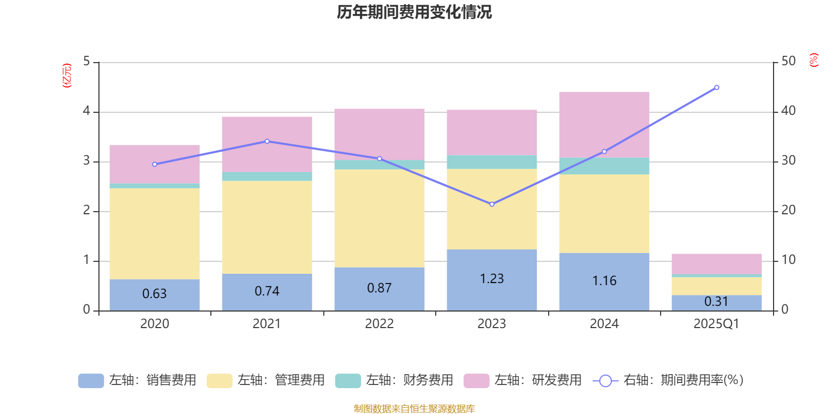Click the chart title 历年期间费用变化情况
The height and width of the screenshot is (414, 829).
414,12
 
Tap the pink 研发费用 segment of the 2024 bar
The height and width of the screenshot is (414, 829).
604,124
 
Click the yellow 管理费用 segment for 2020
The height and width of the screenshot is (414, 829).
154,233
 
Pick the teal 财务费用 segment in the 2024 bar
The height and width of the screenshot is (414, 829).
604,166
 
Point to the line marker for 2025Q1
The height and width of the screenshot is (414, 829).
717,87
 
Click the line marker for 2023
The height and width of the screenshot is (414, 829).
492,204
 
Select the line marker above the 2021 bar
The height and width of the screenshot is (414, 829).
267,141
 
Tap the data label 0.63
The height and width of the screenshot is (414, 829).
154,294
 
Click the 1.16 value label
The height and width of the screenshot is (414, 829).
604,281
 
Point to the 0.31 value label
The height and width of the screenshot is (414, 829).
717,302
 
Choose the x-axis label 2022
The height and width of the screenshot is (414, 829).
379,324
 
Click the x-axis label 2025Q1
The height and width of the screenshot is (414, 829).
717,324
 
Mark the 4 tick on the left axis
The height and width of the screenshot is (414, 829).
87,111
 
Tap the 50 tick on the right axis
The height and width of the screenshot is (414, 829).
788,62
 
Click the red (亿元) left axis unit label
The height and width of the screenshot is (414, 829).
67,76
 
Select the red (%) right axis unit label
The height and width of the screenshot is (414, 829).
814,60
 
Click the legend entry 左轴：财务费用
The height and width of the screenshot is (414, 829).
394,380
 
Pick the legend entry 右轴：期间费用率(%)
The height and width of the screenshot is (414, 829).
668,380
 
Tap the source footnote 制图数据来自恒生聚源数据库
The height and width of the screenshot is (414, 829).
414,409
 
